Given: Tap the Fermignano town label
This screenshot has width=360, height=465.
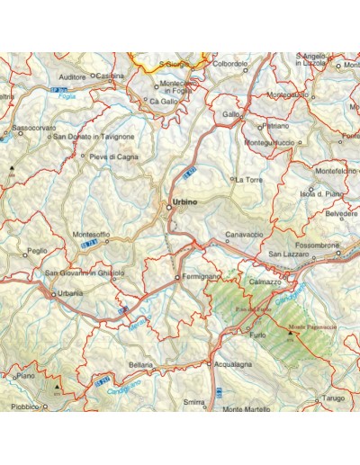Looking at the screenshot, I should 200,278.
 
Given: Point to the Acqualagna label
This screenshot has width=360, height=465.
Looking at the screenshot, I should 232,364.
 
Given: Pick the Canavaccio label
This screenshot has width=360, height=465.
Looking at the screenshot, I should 244,234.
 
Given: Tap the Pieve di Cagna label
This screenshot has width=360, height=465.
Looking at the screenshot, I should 114,156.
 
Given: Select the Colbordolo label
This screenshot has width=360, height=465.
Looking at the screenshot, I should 229,64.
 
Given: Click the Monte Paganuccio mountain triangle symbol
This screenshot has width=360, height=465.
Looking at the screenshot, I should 290,334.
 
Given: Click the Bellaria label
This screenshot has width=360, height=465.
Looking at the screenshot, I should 140,365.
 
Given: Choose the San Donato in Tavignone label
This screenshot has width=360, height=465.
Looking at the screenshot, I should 94,137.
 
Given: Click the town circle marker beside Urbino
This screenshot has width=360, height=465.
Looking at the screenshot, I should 168,208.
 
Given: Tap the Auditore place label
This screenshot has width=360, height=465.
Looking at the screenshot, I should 71,77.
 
